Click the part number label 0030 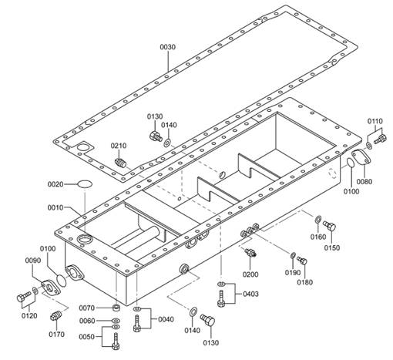click(168, 47)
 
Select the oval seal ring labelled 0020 click(85, 184)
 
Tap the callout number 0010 click(55, 207)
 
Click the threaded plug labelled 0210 click(120, 163)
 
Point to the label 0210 click(119, 146)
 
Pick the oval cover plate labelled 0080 click(361, 157)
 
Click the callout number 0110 click(375, 121)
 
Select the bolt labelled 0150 click(329, 226)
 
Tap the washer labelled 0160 click(317, 220)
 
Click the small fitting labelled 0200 click(250, 252)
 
